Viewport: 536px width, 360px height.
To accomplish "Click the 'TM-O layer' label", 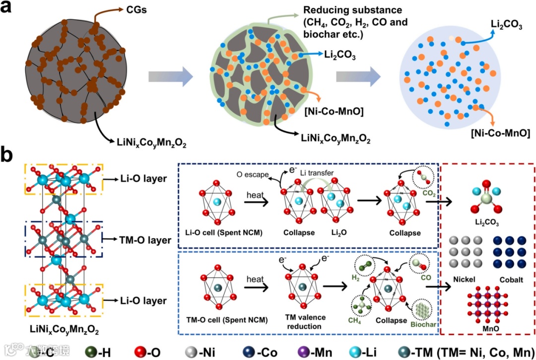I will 146,240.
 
